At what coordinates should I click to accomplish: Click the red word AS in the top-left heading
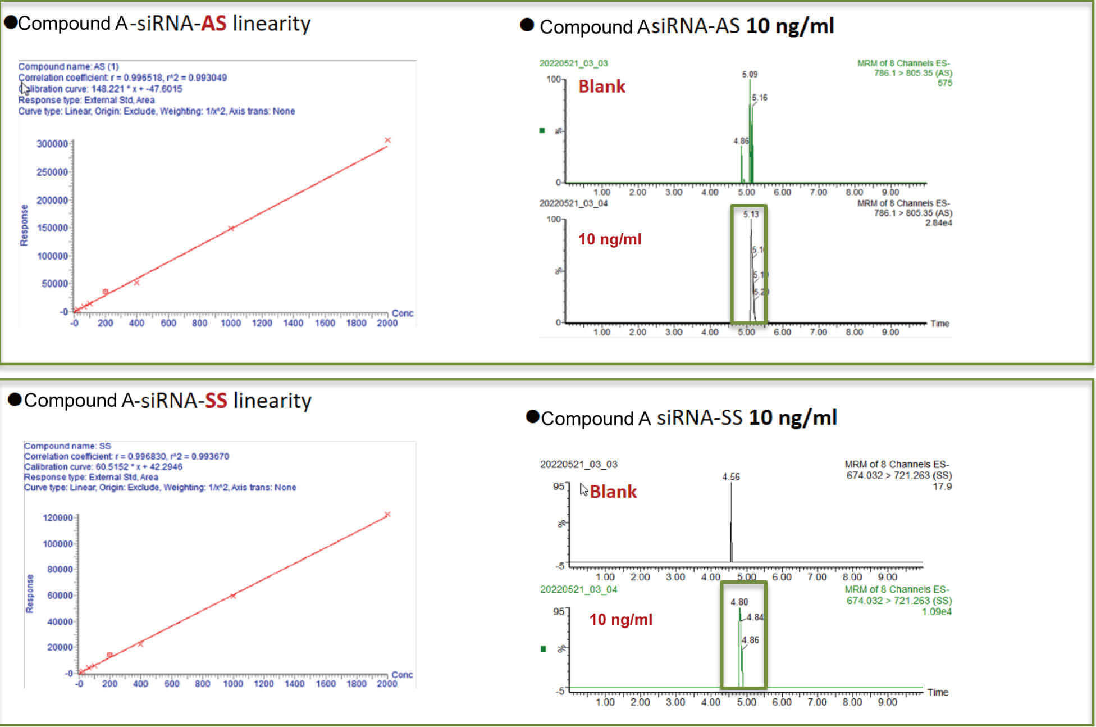point(213,24)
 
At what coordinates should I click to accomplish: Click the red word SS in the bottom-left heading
point(216,401)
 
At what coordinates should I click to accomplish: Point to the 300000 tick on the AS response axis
point(52,144)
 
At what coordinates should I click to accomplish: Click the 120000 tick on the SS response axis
point(57,517)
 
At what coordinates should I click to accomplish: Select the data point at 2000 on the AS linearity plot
point(387,140)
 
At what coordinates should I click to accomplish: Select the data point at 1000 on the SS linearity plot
point(232,596)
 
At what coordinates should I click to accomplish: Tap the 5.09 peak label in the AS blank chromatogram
point(750,74)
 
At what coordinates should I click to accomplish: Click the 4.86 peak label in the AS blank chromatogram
point(741,141)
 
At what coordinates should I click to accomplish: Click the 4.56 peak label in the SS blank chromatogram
point(730,477)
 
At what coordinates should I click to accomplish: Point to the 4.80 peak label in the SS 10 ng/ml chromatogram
point(739,602)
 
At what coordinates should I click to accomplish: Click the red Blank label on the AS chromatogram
point(601,87)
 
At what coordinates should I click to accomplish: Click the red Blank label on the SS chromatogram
point(613,492)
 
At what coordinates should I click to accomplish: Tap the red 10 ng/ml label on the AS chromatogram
point(609,239)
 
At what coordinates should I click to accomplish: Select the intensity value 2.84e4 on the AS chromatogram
point(938,223)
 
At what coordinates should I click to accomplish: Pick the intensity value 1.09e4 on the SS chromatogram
point(936,612)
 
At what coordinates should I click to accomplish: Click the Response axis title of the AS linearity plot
point(24,225)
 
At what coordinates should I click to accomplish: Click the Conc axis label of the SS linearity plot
point(402,674)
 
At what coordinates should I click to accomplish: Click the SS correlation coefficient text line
point(126,456)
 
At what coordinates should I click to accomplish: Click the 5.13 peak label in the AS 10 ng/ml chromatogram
point(751,214)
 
